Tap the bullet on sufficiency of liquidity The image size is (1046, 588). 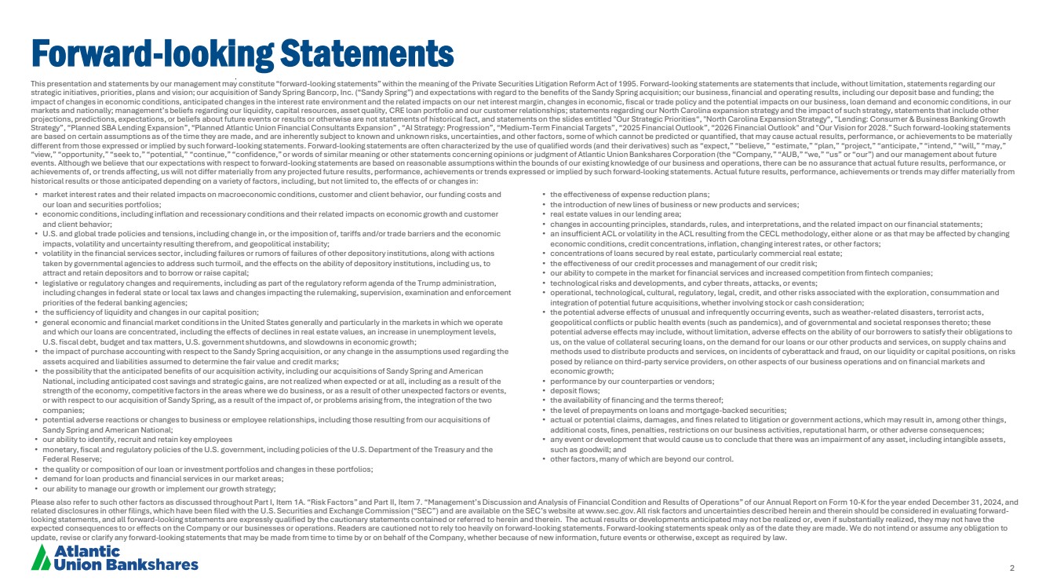[149, 312]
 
